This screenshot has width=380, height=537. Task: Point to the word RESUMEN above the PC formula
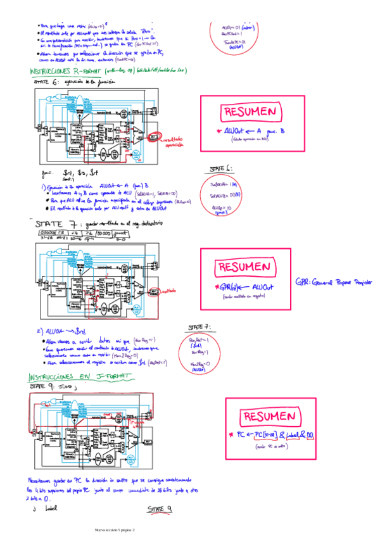269,417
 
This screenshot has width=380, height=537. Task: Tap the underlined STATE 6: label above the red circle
220,169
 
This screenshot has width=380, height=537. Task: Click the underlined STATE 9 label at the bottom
160,509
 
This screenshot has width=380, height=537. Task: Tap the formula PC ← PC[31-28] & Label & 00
270,435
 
